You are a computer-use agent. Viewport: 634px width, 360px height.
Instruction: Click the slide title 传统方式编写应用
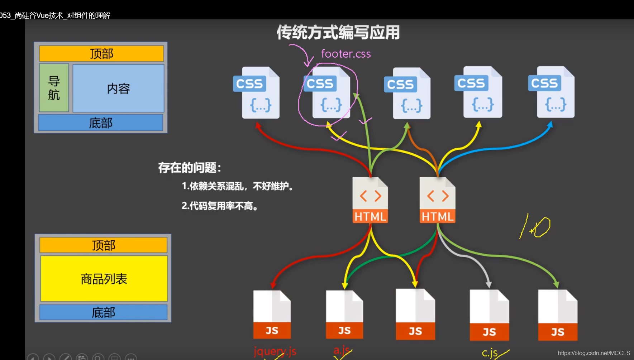tap(338, 33)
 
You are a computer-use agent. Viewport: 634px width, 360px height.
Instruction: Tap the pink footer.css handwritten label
tap(345, 54)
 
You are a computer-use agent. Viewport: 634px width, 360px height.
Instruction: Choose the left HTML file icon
tap(370, 200)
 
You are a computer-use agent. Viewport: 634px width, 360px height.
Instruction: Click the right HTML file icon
tap(437, 200)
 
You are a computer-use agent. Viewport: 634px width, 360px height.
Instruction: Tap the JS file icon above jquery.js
tap(272, 315)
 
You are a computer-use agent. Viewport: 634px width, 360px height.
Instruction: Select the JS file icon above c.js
tap(489, 315)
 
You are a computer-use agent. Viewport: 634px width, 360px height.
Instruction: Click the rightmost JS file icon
tap(557, 315)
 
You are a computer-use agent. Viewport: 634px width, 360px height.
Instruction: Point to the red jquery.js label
tap(275, 351)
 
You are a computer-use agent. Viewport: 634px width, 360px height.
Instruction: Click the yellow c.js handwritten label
tap(490, 353)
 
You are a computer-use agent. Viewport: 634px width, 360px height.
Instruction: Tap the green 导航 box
tap(54, 88)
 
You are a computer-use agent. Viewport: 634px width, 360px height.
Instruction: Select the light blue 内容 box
tap(118, 88)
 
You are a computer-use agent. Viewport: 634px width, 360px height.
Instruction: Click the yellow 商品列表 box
tap(104, 279)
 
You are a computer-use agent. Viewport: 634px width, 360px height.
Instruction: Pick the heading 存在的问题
tap(190, 168)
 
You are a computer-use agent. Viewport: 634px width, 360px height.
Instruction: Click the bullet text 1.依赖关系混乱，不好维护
tap(237, 186)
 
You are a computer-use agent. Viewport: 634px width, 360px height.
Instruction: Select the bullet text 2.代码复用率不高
tap(220, 206)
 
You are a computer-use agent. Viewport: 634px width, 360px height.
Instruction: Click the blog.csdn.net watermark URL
tap(594, 353)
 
